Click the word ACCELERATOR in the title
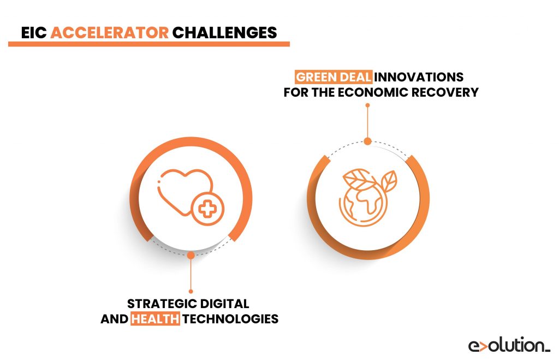pyautogui.click(x=109, y=32)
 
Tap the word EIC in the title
pyautogui.click(x=34, y=32)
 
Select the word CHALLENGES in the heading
pyautogui.click(x=224, y=32)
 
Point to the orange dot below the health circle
pyautogui.click(x=190, y=255)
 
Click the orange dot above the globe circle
pyautogui.click(x=367, y=141)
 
